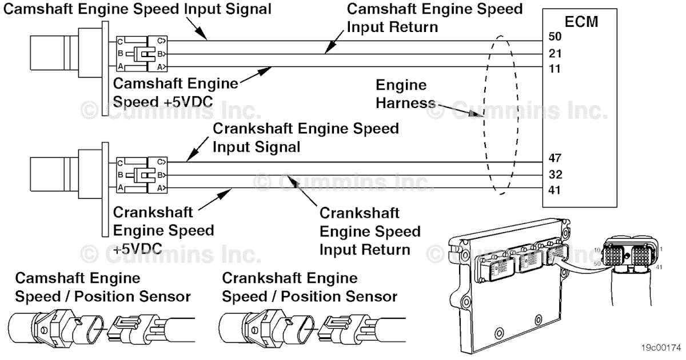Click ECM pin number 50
pyautogui.click(x=555, y=37)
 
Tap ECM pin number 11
pyautogui.click(x=555, y=69)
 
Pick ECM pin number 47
pyautogui.click(x=555, y=158)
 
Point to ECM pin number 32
pyautogui.click(x=555, y=174)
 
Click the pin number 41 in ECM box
pyautogui.click(x=555, y=190)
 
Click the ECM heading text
pyautogui.click(x=581, y=22)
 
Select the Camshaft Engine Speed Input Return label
pyautogui.click(x=434, y=18)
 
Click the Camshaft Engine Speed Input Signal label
pyautogui.click(x=137, y=9)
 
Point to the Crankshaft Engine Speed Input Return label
pyautogui.click(x=369, y=231)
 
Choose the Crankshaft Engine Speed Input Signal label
pyautogui.click(x=305, y=137)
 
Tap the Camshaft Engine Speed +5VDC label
pyautogui.click(x=176, y=92)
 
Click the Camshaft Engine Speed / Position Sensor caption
pyautogui.click(x=103, y=287)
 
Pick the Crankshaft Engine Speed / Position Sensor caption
pyautogui.click(x=309, y=287)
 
